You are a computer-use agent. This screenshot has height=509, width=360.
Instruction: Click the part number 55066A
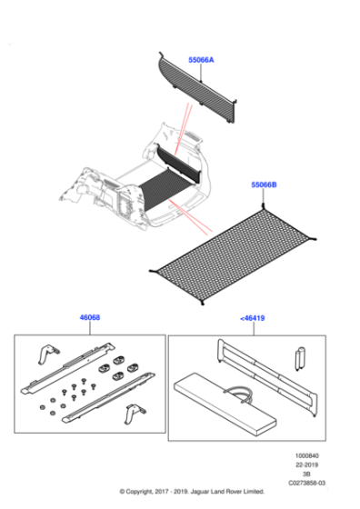pyautogui.click(x=201, y=60)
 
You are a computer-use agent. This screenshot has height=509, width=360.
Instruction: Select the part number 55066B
pyautogui.click(x=264, y=185)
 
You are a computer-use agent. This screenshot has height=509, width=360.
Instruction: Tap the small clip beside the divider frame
pyautogui.click(x=298, y=358)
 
